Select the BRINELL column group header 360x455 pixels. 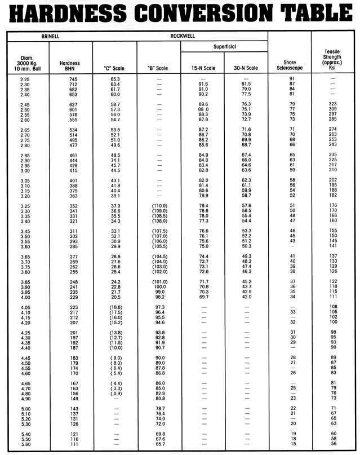pos(50,36)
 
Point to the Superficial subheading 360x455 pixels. pos(224,46)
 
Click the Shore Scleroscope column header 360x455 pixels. pos(290,65)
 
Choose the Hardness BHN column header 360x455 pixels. pos(72,65)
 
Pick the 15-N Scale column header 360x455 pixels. pos(203,68)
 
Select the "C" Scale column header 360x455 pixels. pos(114,68)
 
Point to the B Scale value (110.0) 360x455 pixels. pos(158,205)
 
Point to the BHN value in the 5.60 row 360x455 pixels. pos(72,444)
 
